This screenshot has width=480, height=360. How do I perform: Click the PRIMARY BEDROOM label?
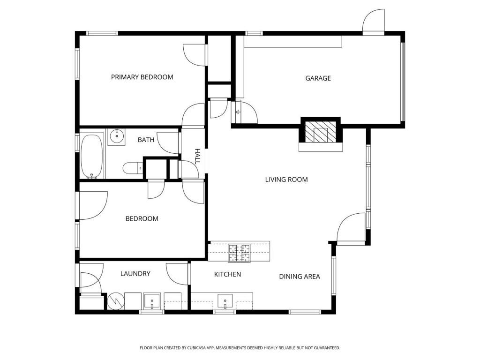point(142,77)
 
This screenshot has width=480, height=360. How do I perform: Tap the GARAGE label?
point(318,78)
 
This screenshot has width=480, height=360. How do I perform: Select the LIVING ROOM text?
point(286,180)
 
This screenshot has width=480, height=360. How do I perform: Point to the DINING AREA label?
point(300,277)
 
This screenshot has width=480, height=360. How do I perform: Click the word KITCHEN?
point(227,274)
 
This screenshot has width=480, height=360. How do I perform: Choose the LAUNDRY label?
point(135,273)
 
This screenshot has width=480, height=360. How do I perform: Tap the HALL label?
point(198,156)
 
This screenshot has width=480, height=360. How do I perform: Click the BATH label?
point(146,140)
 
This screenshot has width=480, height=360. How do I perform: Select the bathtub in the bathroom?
point(92,156)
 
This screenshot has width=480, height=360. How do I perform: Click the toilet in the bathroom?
point(133,168)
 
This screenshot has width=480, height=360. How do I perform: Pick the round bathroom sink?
point(117,136)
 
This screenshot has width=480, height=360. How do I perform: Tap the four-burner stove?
point(239,253)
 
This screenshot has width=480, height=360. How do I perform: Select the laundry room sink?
point(152,301)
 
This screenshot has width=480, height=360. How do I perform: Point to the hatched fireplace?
point(321,131)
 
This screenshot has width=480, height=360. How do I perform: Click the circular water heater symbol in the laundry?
point(116,301)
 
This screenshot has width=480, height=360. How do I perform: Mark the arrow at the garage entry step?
point(238,112)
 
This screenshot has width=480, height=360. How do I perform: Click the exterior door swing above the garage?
point(373,20)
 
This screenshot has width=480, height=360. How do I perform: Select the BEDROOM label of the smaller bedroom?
point(142,218)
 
